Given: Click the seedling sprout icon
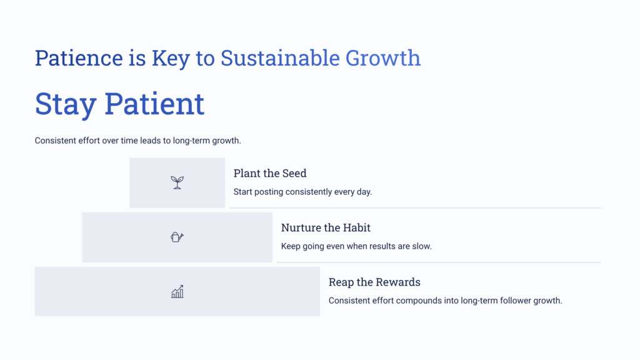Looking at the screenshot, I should point(177,182).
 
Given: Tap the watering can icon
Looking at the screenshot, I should point(177,237).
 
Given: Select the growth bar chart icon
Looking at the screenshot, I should point(177,292).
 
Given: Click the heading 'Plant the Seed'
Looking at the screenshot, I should point(270,173).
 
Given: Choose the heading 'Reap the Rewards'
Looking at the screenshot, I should point(374,282).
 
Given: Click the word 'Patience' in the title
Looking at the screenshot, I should point(79,58).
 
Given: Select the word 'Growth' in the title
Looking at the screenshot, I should point(383,58).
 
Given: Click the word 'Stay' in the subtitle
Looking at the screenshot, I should point(65,104).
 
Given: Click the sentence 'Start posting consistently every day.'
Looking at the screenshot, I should point(302,192).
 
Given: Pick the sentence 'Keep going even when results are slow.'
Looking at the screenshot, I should point(356,246).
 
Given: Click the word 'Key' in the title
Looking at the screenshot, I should point(171,58).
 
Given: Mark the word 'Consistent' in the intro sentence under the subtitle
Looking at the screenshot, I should point(56,141).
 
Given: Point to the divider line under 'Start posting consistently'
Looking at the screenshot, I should point(414,207).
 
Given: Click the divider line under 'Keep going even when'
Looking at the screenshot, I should point(438,262).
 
